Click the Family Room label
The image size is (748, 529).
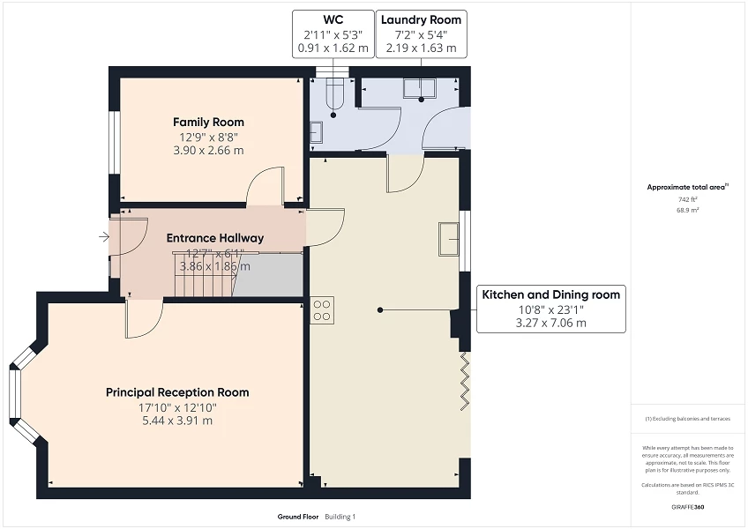(x=208, y=123)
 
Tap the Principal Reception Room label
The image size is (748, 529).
(x=177, y=392)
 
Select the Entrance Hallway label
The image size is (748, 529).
(x=215, y=238)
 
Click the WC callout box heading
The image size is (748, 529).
(x=333, y=19)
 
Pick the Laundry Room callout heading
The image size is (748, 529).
(x=420, y=19)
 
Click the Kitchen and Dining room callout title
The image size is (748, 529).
(x=550, y=294)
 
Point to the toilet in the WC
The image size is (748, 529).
(x=334, y=95)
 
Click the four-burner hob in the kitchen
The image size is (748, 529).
(x=323, y=309)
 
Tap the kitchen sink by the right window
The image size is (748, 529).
(x=449, y=238)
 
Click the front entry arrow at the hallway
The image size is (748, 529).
(x=105, y=236)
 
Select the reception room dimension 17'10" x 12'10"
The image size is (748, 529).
(x=177, y=407)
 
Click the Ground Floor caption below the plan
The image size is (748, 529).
(x=296, y=517)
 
